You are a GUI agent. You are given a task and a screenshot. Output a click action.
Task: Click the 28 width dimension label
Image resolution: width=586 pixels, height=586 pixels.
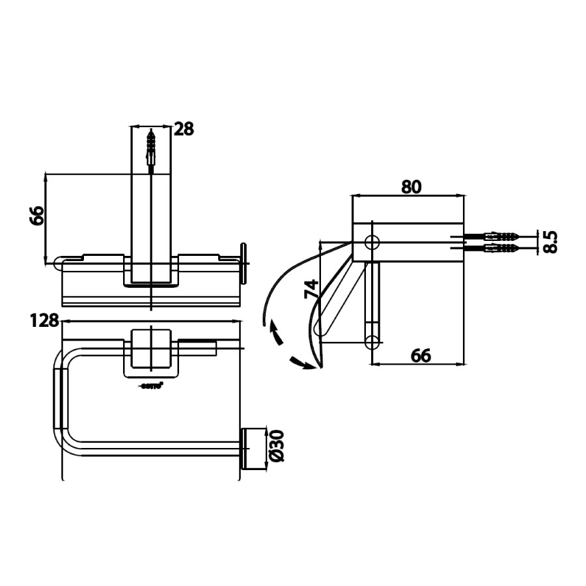tap(184, 128)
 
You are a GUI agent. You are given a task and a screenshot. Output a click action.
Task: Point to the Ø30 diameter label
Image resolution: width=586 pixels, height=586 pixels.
tap(277, 447)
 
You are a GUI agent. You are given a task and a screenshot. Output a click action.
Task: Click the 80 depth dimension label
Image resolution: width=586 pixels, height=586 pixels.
tap(411, 186)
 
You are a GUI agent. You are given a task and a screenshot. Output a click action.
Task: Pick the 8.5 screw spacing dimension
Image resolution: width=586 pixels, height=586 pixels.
tap(551, 242)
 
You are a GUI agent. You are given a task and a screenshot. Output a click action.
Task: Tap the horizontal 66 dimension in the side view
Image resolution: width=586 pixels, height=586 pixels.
tap(421, 355)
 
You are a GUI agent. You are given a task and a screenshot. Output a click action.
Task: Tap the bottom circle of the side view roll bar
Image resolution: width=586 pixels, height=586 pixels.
tap(373, 341)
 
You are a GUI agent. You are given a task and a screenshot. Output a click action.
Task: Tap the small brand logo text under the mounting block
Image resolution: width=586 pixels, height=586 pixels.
tap(152, 385)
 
